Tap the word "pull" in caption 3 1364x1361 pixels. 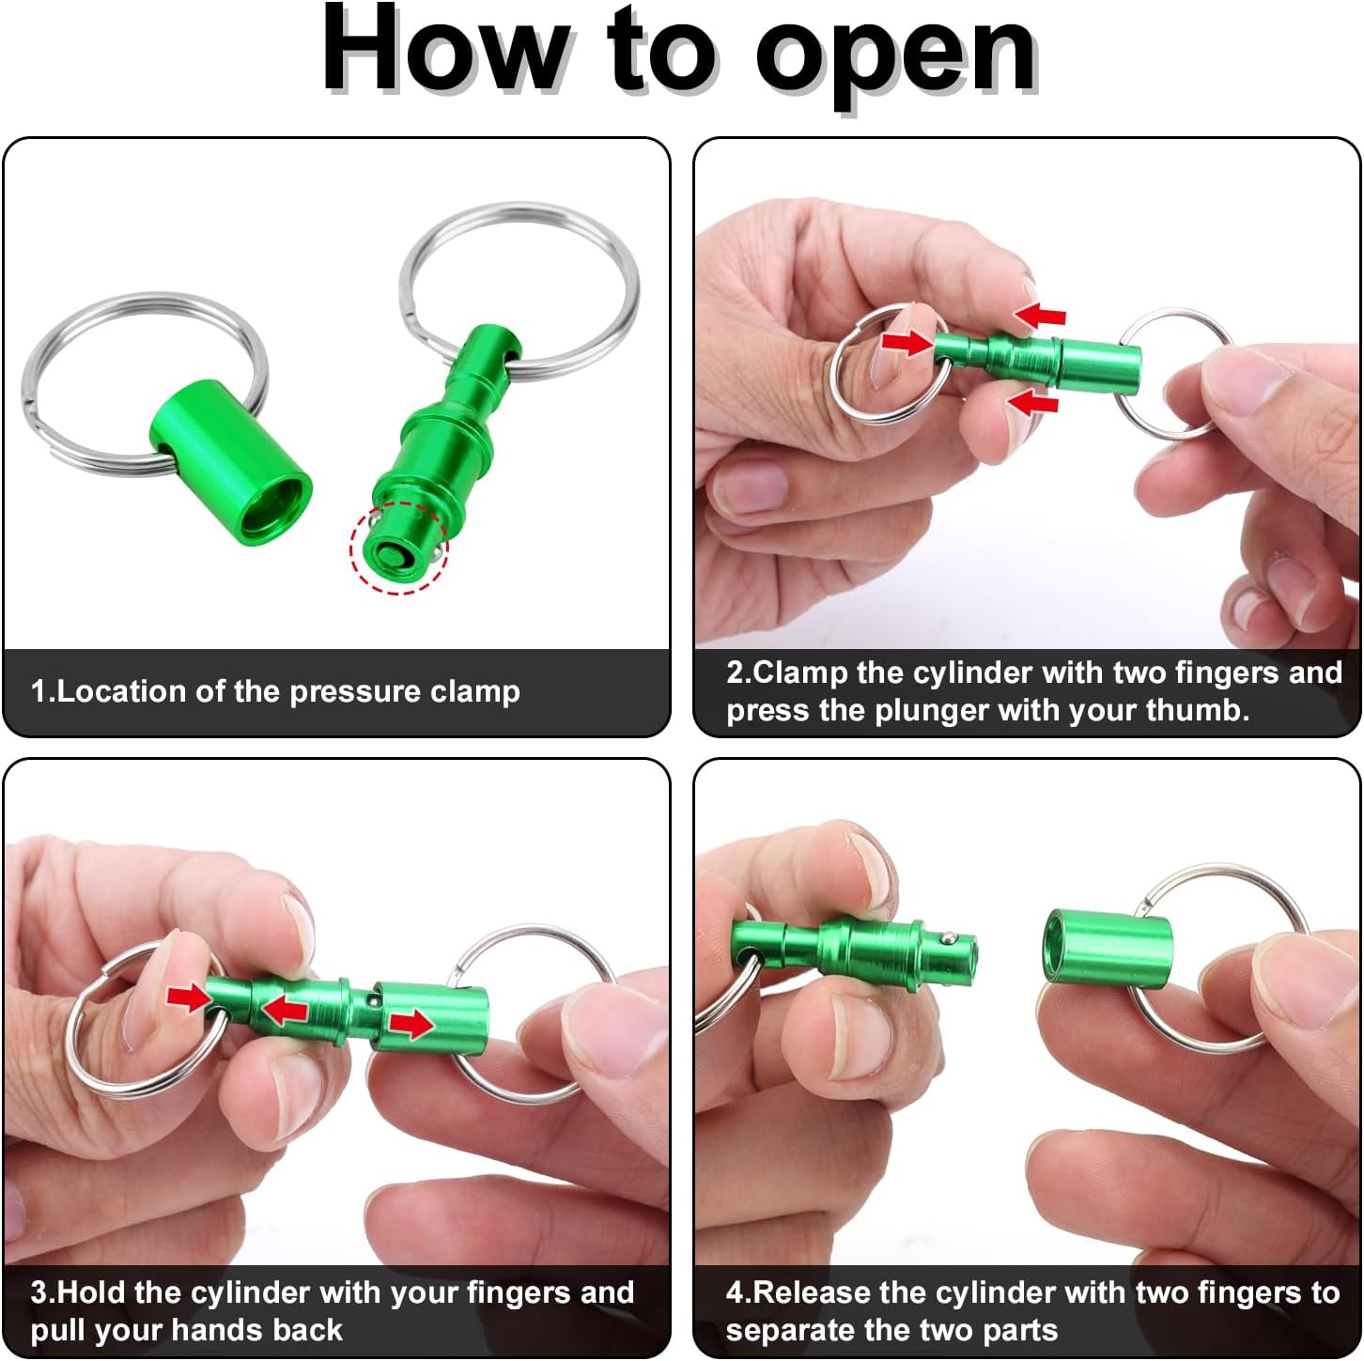point(57,1330)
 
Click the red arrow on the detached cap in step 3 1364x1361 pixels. point(411,1023)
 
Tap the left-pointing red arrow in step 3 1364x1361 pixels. point(285,1011)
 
